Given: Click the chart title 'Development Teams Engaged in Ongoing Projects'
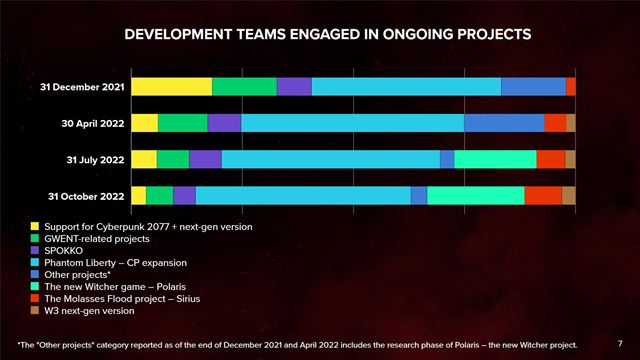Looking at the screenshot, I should click(x=320, y=34).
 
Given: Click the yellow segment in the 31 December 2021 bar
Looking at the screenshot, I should click(x=171, y=87).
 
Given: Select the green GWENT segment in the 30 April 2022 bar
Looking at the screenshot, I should click(x=182, y=123).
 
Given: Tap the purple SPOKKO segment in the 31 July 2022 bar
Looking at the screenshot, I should click(x=205, y=159).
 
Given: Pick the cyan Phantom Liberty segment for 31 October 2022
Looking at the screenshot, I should click(x=303, y=195).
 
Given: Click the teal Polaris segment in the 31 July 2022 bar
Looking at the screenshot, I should click(x=495, y=159).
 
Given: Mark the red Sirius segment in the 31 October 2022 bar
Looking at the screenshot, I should click(x=543, y=195).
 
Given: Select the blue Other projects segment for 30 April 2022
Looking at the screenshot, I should click(x=504, y=123).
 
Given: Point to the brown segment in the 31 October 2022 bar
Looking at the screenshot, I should click(x=568, y=195).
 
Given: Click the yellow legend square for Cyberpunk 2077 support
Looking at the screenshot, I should click(x=35, y=227).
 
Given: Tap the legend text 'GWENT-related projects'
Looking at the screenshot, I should click(x=97, y=239).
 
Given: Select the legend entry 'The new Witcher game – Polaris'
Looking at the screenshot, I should click(x=118, y=287).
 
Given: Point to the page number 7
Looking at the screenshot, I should click(x=620, y=342).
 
